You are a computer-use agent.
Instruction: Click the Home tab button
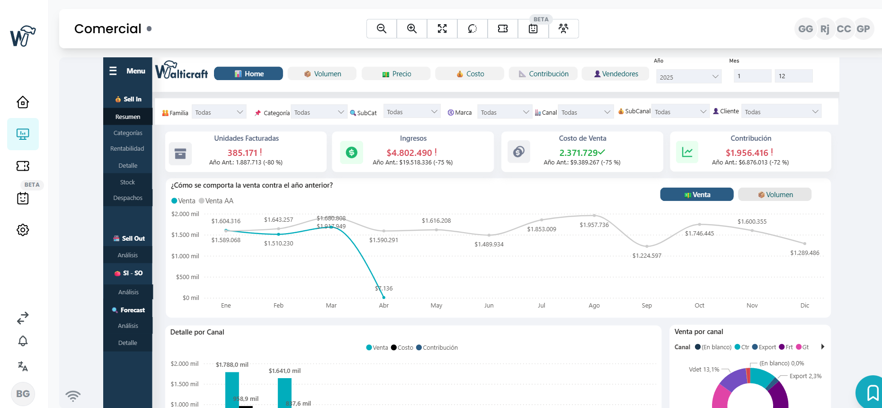[x=249, y=74]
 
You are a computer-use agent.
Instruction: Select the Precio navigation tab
[x=396, y=74]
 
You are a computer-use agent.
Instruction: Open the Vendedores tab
[x=615, y=74]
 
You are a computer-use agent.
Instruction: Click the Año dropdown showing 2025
[x=689, y=77]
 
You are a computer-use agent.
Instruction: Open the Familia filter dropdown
[x=219, y=112]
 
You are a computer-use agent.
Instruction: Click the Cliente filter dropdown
[x=781, y=112]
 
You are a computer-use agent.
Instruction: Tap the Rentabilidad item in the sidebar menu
[x=127, y=149]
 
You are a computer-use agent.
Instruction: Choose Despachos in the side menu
[x=128, y=198]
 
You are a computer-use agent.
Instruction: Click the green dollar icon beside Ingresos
[x=351, y=153]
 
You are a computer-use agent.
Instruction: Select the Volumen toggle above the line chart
[x=775, y=195]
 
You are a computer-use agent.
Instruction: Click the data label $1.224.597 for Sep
[x=647, y=256]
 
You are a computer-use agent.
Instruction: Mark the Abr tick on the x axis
[x=384, y=306]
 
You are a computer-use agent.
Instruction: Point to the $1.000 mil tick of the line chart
[x=185, y=256]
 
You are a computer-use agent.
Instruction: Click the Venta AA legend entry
[x=217, y=201]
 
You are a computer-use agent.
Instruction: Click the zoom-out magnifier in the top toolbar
[x=382, y=29]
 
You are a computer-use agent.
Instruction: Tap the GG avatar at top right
[x=805, y=29]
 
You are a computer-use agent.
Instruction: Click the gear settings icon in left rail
[x=23, y=230]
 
